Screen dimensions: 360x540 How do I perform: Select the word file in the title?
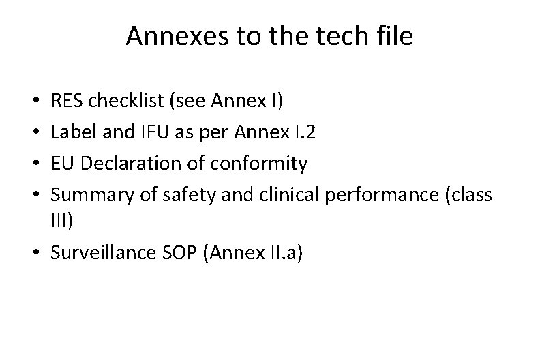[393, 37]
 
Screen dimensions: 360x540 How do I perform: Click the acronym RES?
[67, 102]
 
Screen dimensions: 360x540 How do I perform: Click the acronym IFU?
[140, 133]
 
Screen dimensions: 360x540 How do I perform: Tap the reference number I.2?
[303, 133]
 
